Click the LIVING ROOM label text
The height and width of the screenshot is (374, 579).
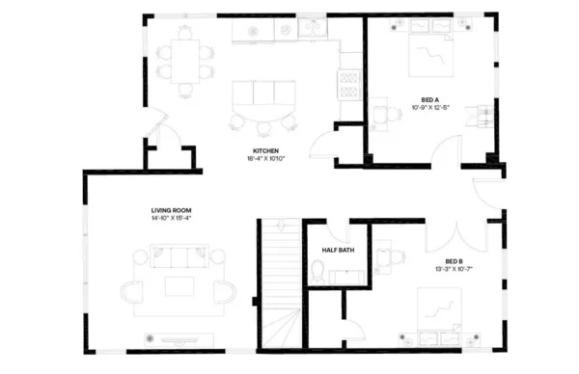[x=171, y=210]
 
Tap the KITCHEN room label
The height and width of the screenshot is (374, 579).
[x=265, y=151]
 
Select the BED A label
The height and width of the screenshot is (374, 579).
[x=430, y=98]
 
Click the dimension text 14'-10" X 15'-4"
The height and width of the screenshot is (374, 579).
[x=171, y=219]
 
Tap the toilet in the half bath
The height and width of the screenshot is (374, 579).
[x=317, y=272]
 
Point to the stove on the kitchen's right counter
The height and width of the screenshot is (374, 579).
[x=347, y=84]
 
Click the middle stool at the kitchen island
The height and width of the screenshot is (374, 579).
[x=263, y=121]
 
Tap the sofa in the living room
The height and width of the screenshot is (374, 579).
[x=179, y=256]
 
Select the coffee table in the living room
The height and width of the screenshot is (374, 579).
[x=179, y=285]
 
